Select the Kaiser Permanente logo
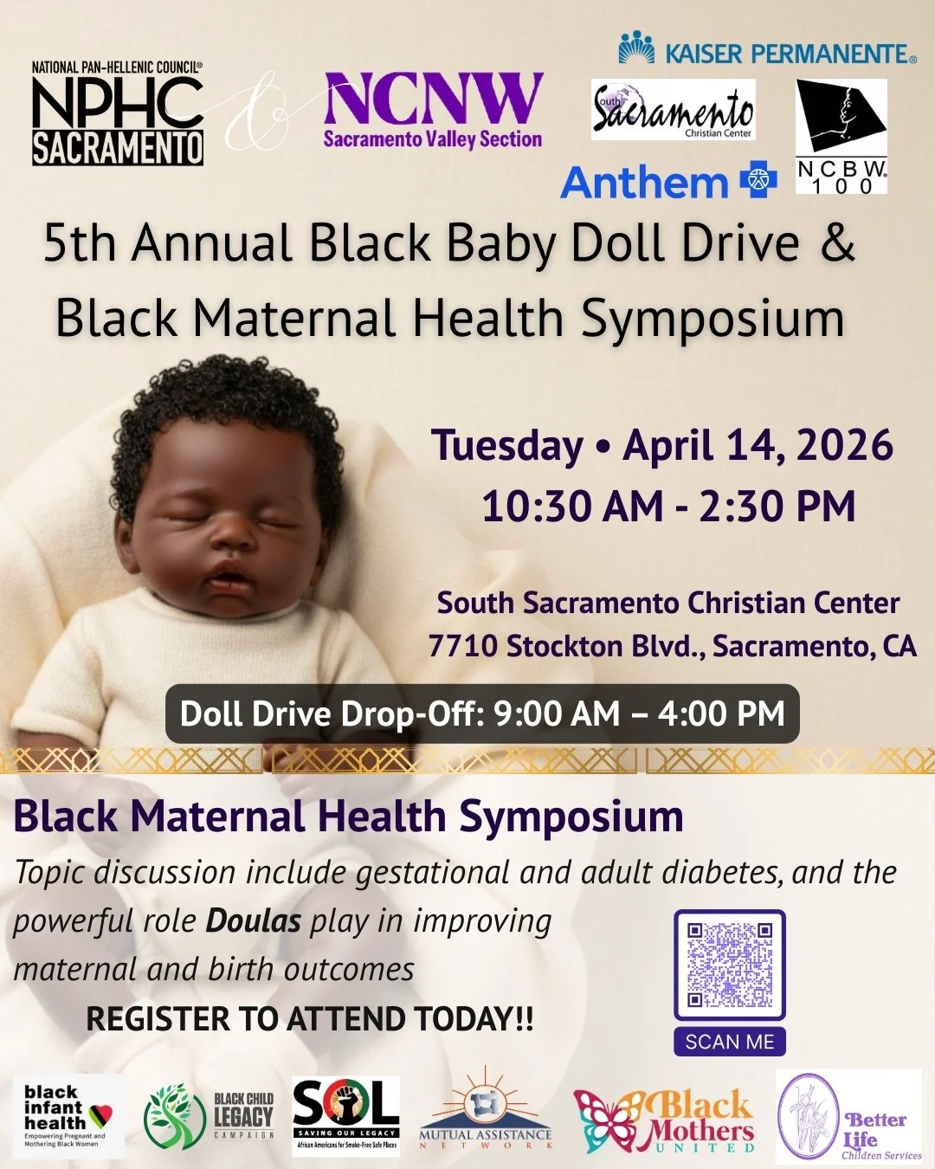point(767,50)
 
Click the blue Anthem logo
point(667,182)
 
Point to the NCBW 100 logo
point(841,136)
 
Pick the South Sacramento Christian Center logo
point(673,110)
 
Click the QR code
point(729,965)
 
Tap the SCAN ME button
point(729,1042)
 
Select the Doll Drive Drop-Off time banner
point(482,714)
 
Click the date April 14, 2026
point(758,445)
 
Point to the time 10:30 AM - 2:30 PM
point(668,507)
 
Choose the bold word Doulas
point(254,920)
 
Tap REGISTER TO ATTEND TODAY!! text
point(310,1019)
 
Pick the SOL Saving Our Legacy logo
point(346,1115)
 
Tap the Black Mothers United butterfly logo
point(664,1121)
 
